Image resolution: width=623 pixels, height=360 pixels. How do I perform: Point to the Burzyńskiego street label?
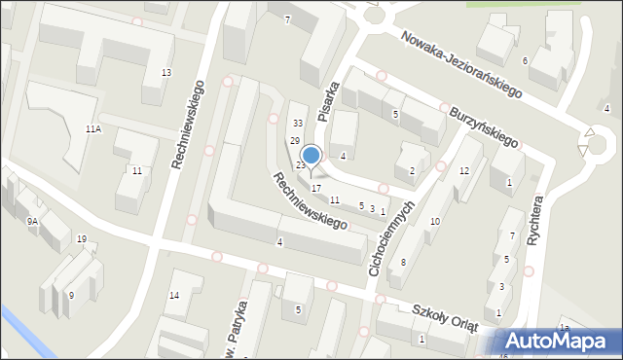coord(484,126)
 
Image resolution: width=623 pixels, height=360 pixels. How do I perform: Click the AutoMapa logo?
coord(559,342)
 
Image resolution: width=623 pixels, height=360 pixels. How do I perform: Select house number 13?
coord(166,73)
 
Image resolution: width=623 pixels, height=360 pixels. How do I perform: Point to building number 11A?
coord(93,128)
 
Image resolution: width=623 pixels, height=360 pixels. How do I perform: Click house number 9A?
coord(32,222)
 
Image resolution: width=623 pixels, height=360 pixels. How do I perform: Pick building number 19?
coord(82,239)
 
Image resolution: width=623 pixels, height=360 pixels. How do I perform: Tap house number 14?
coord(174,295)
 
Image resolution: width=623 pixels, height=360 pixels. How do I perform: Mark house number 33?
coord(298,123)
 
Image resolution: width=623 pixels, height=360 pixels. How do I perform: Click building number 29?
coord(294,142)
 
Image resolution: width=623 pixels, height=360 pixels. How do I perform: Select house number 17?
coord(315,187)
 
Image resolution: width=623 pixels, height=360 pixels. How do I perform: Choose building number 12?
coord(464,171)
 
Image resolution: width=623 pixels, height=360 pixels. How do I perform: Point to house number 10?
coord(435,222)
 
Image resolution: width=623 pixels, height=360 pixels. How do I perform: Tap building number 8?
coord(403,263)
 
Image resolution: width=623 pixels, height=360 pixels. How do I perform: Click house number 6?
coord(525,61)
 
